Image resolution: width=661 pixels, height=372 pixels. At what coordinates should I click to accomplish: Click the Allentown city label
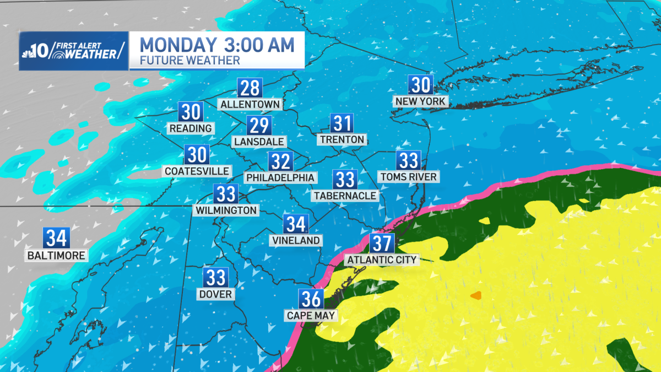[x=250, y=104]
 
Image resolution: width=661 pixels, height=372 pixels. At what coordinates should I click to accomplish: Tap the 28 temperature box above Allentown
[x=250, y=88]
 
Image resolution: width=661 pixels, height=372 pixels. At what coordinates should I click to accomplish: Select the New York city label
[x=420, y=101]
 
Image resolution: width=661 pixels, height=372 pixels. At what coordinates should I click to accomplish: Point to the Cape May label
[x=311, y=315]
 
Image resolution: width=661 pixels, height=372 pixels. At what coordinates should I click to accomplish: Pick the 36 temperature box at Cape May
[x=311, y=299]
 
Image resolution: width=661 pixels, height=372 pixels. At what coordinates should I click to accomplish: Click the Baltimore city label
[x=57, y=255]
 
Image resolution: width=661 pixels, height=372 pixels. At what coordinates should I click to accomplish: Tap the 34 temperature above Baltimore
[x=57, y=239]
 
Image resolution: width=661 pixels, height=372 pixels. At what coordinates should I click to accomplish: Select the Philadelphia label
[x=280, y=177]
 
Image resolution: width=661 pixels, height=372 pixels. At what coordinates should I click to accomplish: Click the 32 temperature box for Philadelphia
[x=280, y=161]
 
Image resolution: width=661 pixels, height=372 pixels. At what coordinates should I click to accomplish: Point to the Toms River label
[x=408, y=176]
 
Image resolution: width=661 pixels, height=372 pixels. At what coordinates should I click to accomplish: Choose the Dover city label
[x=216, y=294]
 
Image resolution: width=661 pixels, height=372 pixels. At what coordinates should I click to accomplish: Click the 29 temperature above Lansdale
[x=259, y=126]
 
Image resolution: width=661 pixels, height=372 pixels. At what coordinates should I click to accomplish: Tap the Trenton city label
[x=342, y=139]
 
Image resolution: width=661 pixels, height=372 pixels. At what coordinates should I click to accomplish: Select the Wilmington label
[x=226, y=210]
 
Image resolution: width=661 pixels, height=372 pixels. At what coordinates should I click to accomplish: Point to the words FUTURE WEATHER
[x=190, y=60]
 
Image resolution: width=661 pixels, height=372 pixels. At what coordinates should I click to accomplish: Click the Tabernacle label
[x=345, y=195]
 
